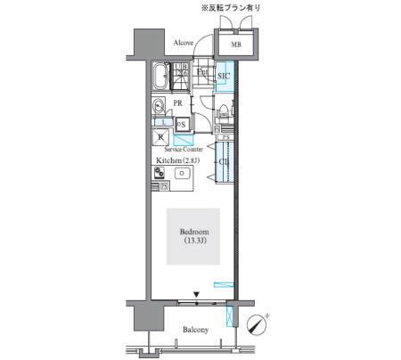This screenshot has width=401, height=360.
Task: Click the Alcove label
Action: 184,41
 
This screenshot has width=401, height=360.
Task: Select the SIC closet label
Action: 225,77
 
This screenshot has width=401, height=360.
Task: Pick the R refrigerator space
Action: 161,136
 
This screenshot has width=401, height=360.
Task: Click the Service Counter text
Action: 183,150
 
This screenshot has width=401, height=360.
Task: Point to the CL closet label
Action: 225,163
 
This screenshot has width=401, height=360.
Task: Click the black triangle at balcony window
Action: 195,292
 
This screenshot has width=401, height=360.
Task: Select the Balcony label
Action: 195,330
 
